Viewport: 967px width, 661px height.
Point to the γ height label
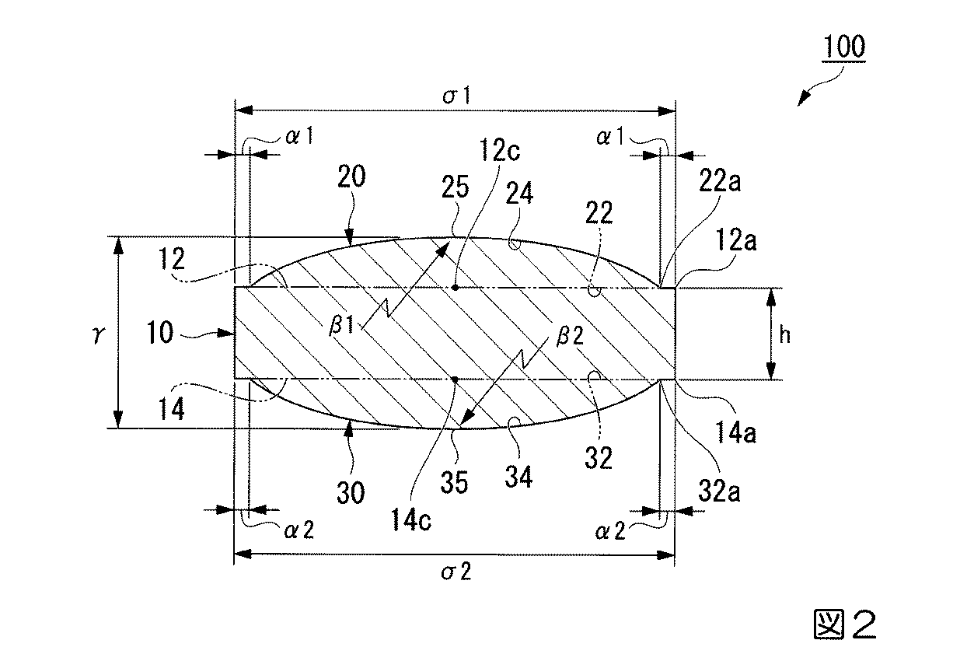click(x=97, y=334)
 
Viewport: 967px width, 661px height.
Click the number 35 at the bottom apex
click(x=456, y=484)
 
